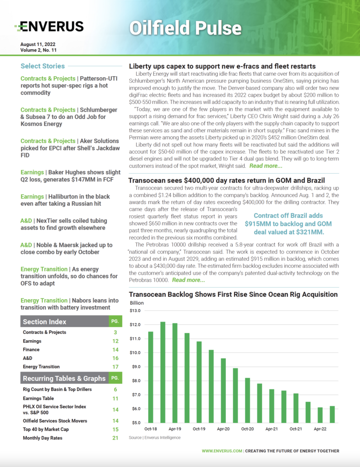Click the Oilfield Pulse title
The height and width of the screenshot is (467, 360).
(185, 28)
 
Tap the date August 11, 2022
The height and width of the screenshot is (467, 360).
(38, 44)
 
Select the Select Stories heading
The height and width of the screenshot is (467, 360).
(43, 66)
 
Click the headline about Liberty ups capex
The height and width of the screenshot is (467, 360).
(222, 67)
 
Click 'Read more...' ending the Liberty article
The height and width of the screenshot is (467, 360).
(266, 166)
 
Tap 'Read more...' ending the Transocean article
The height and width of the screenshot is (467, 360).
(188, 280)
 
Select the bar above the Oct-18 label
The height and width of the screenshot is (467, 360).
(151, 377)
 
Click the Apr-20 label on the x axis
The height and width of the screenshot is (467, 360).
(223, 429)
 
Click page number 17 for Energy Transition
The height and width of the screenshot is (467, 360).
(115, 367)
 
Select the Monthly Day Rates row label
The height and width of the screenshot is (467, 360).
(42, 438)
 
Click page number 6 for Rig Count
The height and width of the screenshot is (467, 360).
(115, 389)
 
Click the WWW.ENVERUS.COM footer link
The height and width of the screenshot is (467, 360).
(222, 451)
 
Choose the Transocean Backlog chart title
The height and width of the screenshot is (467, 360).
(233, 295)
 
